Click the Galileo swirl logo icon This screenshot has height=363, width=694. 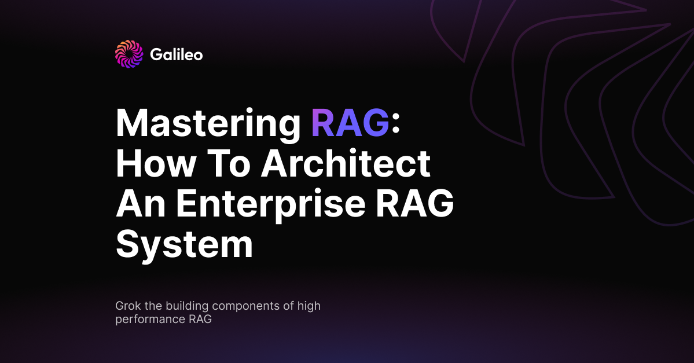coord(128,54)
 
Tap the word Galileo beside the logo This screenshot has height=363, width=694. coord(176,55)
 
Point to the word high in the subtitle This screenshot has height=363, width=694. coord(309,306)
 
